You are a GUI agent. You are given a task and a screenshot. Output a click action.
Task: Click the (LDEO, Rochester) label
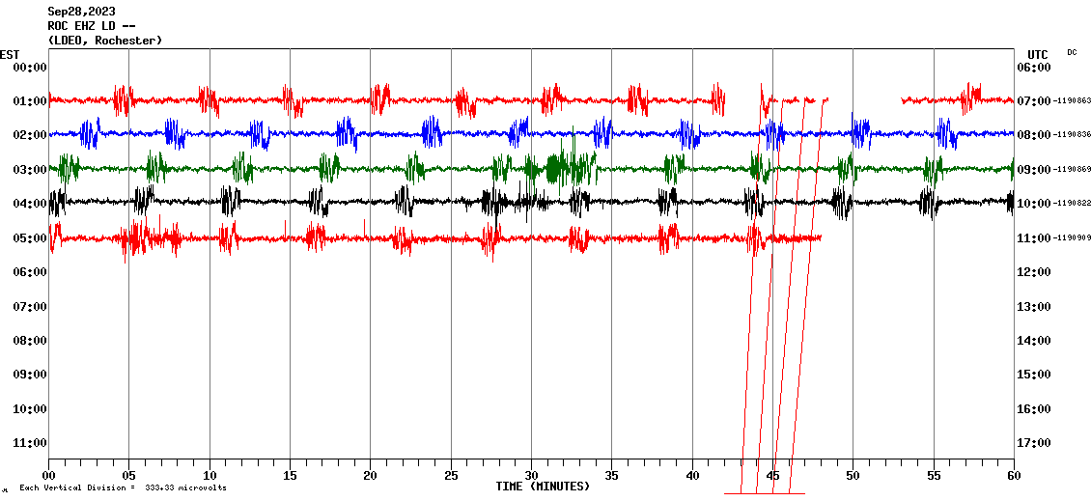[x=104, y=41]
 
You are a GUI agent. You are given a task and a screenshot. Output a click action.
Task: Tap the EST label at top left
[x=10, y=54]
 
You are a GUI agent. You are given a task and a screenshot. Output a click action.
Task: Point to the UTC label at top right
[x=1037, y=54]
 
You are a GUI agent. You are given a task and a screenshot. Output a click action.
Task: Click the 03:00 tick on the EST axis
[x=29, y=170]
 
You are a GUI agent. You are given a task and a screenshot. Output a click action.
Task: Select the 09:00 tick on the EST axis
[x=29, y=375]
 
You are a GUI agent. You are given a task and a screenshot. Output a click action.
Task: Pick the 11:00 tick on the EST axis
[x=29, y=443]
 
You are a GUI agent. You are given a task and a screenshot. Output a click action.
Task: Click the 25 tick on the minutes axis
[x=451, y=476]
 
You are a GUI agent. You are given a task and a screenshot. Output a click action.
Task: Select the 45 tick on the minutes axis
[x=772, y=476]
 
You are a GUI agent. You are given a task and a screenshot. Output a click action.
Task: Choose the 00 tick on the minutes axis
[x=48, y=476]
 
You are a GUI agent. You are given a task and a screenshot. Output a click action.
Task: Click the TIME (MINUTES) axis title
[x=543, y=487]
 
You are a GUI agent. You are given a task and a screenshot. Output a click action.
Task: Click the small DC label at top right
[x=1072, y=52]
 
